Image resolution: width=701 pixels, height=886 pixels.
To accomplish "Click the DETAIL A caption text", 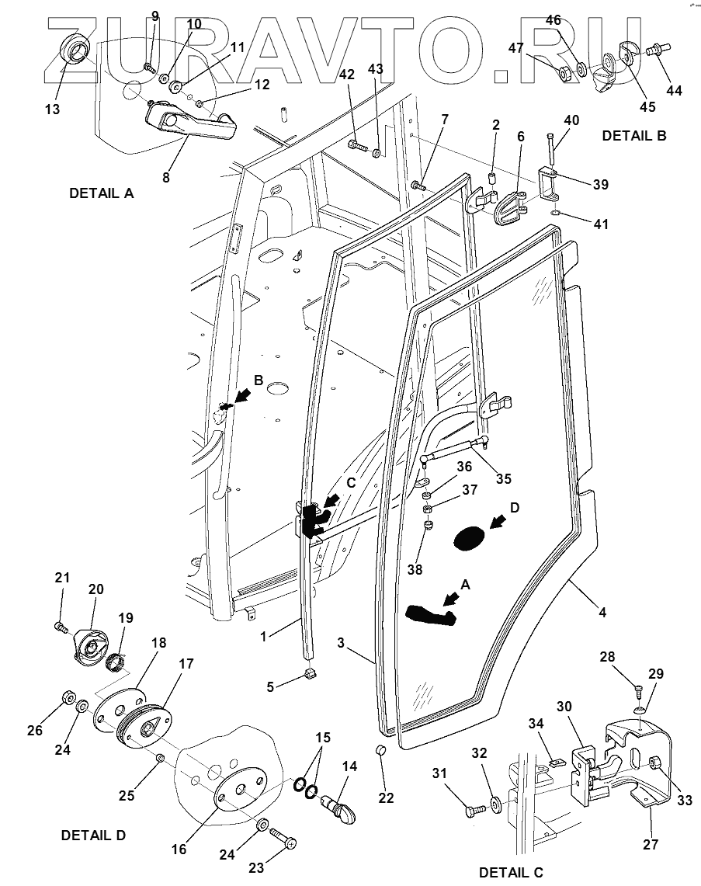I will (x=102, y=193).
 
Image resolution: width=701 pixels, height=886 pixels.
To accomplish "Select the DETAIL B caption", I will (x=634, y=135).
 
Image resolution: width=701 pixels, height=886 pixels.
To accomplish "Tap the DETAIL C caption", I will (x=511, y=872).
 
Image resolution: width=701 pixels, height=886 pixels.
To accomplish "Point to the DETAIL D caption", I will (x=93, y=836).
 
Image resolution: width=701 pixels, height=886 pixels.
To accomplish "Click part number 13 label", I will (x=52, y=109).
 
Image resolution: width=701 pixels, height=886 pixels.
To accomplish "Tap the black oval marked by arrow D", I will (x=467, y=537).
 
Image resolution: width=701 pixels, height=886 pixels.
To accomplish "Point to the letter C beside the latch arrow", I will (x=351, y=482).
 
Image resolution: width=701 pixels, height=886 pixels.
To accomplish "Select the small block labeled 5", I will (x=312, y=673).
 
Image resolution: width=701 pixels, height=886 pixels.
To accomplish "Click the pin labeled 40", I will (x=551, y=150).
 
